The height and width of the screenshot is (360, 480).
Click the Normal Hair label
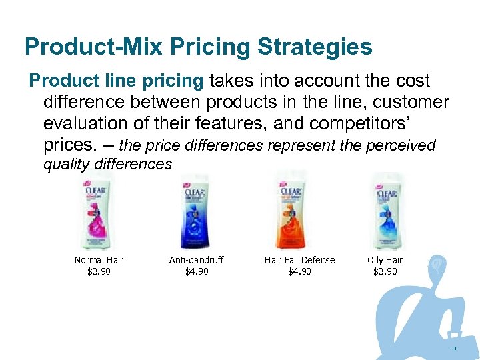pos(99,260)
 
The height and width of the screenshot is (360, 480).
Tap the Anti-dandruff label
pos(197,260)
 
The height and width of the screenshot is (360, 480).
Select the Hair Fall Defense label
pos(299,260)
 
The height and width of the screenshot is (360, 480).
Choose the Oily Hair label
pos(385,260)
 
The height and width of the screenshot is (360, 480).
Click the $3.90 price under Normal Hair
pos(99,271)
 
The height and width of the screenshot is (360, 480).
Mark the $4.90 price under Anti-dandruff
pos(197,271)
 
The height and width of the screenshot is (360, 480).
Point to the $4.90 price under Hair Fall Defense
pos(299,271)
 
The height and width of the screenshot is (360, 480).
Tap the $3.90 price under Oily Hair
pos(385,271)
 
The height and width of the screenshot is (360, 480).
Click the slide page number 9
pos(454,350)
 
